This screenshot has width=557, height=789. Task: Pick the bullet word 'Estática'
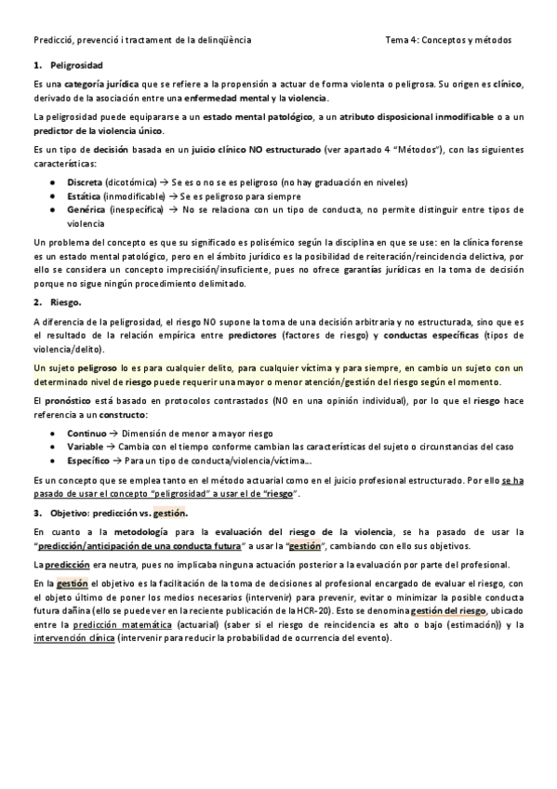pos(85,196)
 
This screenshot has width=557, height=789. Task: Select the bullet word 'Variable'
pos(86,448)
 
